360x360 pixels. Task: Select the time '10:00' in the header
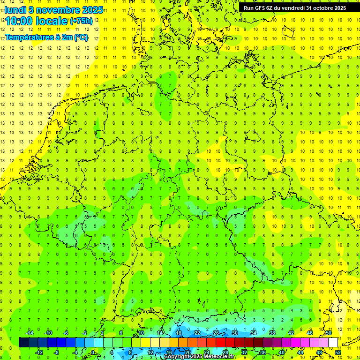click(x=21, y=21)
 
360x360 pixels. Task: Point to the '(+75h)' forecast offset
click(x=81, y=21)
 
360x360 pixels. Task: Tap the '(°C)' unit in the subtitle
click(x=81, y=37)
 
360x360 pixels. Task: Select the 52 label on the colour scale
click(x=338, y=352)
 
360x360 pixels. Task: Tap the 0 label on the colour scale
click(x=93, y=352)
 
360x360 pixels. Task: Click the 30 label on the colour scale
click(x=234, y=333)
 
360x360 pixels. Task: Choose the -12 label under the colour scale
click(x=39, y=352)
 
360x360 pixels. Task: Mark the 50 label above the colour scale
click(x=329, y=333)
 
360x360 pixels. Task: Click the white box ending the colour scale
click(x=333, y=343)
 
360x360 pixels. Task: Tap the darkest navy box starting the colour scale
click(x=23, y=343)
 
